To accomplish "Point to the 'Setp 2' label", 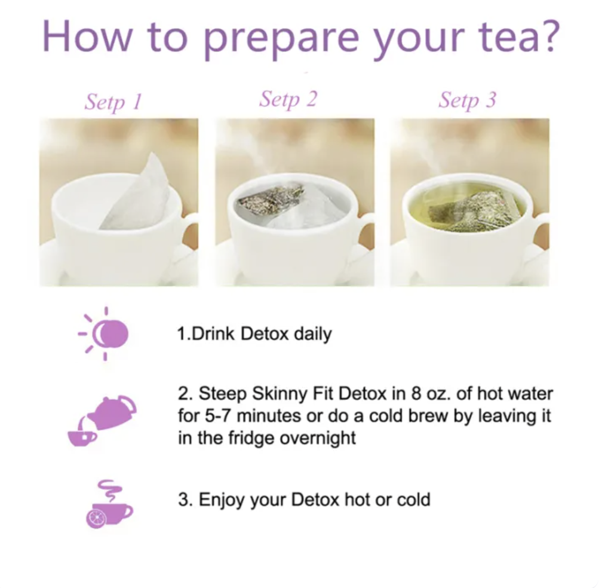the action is (288, 100).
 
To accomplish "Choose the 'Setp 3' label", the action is (467, 100).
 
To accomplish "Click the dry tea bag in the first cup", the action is (137, 193).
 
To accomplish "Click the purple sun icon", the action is (104, 333).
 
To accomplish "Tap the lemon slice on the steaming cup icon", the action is (96, 518).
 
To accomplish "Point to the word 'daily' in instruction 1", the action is (312, 335).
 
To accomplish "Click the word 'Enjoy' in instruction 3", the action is (222, 500).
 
